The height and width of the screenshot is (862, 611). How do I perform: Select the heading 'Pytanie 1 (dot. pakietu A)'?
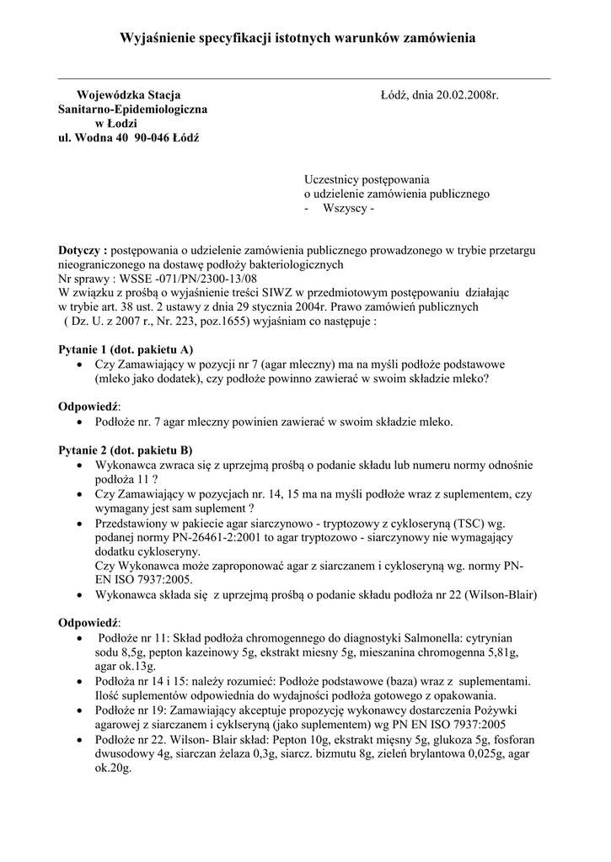click(x=126, y=349)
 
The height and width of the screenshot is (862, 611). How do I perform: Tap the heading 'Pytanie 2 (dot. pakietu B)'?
click(x=126, y=450)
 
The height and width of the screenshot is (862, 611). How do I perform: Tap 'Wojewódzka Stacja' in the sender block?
click(x=128, y=95)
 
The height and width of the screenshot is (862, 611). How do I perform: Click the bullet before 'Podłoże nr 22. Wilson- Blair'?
click(x=79, y=738)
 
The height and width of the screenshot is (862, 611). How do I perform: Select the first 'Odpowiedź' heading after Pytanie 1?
click(x=88, y=407)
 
